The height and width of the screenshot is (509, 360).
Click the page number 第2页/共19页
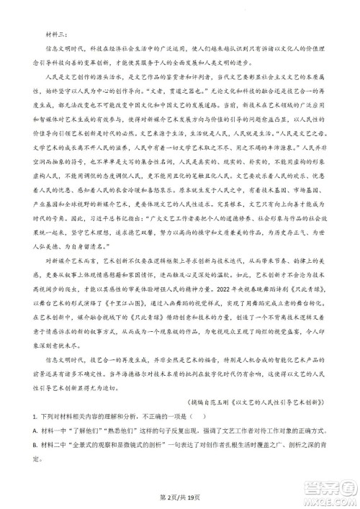point(179,497)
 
